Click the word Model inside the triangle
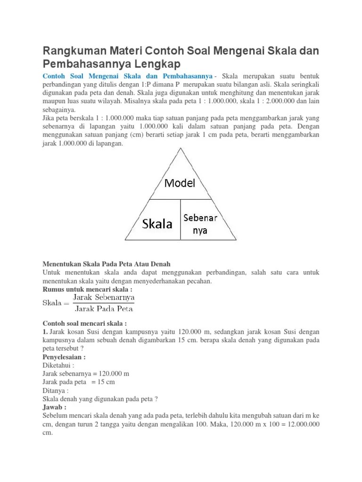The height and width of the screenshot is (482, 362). tap(179, 183)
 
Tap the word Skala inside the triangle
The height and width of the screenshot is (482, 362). tap(157, 224)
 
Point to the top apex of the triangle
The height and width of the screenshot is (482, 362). tap(180, 148)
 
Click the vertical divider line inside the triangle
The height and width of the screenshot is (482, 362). tap(180, 219)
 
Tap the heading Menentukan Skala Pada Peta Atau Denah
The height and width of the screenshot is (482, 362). tap(107, 264)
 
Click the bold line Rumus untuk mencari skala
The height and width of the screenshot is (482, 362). tap(87, 289)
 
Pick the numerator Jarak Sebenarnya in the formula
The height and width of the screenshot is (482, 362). tap(104, 298)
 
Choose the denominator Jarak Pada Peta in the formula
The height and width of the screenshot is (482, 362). tap(104, 309)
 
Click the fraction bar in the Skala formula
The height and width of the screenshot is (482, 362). tap(104, 304)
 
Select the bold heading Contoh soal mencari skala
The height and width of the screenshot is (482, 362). tap(85, 324)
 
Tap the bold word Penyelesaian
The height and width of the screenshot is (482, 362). tap(65, 357)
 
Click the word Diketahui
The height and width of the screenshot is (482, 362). tap(58, 365)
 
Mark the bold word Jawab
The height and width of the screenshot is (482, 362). tap(54, 407)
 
